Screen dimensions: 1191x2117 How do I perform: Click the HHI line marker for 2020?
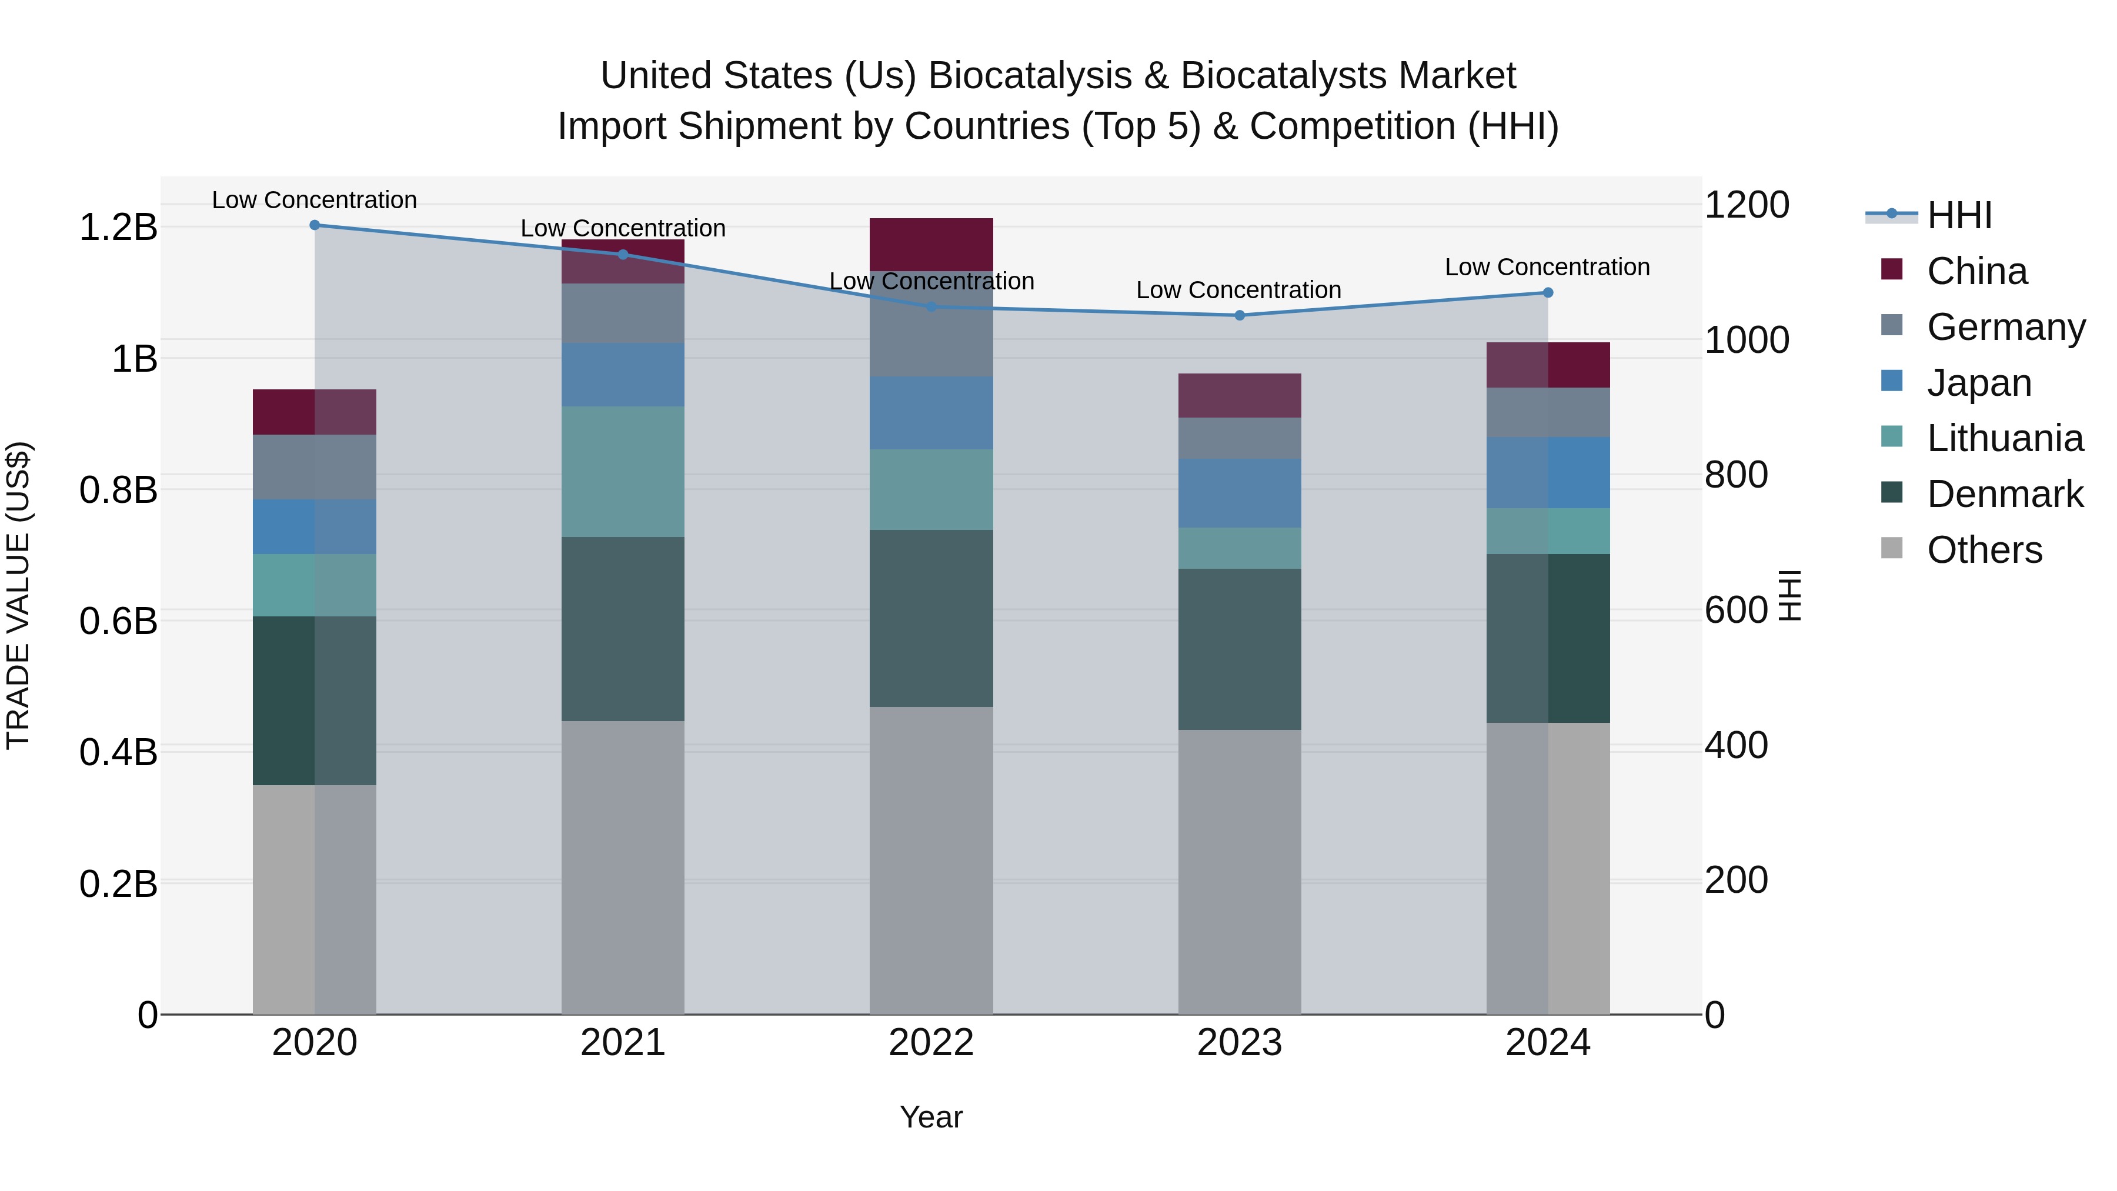point(315,225)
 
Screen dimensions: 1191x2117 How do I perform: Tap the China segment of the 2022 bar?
point(931,245)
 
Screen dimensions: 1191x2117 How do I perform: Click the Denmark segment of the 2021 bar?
point(623,629)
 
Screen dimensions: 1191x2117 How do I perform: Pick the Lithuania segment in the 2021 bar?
point(623,472)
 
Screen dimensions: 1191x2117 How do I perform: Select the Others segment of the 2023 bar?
point(1239,871)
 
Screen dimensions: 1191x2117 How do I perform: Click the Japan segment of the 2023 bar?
point(1239,493)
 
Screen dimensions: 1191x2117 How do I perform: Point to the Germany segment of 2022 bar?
point(931,325)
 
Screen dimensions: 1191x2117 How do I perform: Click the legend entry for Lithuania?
point(2004,438)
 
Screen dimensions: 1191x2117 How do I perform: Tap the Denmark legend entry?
point(2004,494)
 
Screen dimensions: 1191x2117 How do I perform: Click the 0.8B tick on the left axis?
point(118,490)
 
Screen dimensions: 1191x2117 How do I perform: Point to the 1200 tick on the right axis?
point(1747,205)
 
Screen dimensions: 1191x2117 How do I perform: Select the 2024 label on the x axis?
point(1548,1043)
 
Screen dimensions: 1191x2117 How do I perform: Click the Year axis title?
point(931,1117)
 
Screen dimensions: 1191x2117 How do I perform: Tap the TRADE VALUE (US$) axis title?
point(18,595)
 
